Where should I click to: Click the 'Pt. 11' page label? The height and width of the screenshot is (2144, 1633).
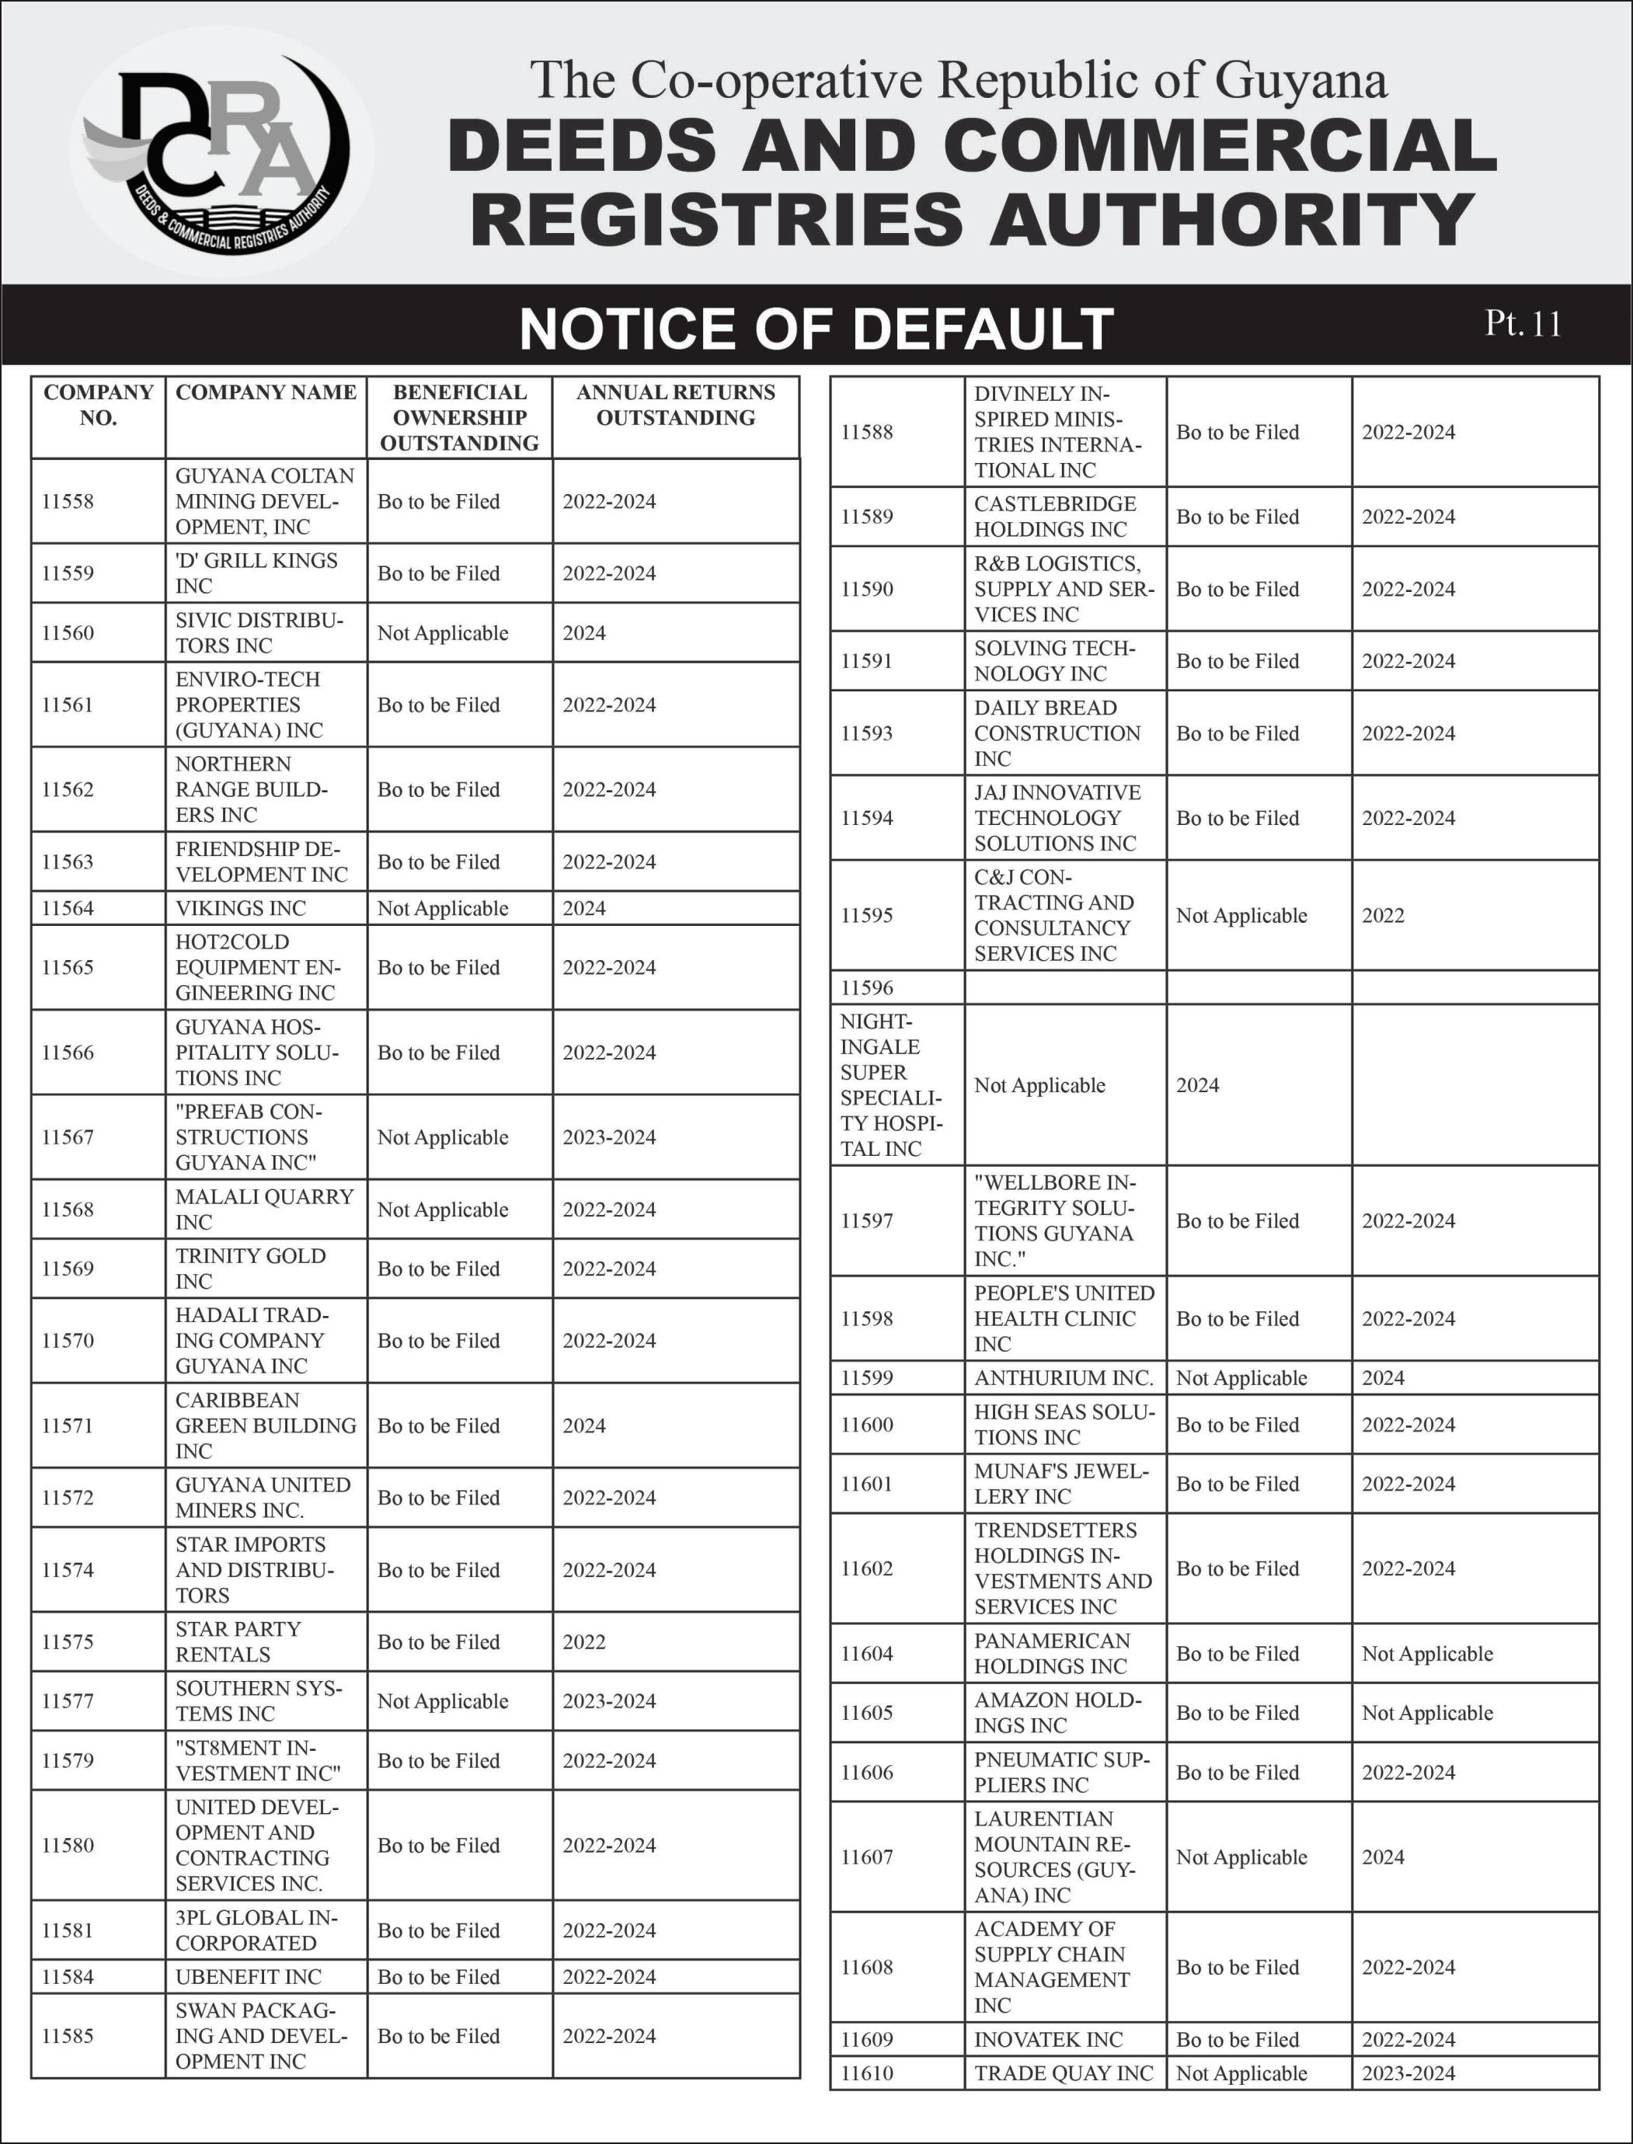(x=1522, y=324)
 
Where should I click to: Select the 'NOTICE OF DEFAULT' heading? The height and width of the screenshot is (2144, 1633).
(x=816, y=329)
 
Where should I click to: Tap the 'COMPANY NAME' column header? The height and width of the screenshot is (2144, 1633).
(x=266, y=392)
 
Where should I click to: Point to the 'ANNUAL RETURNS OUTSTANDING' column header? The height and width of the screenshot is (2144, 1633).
(x=676, y=405)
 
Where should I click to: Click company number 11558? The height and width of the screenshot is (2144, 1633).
(x=68, y=502)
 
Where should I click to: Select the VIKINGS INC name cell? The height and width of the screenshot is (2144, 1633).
(x=240, y=909)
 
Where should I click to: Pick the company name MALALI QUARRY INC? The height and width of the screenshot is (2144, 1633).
(x=263, y=1209)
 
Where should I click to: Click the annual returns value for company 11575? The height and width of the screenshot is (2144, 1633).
(x=584, y=1641)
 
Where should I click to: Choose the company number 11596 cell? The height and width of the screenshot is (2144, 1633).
(x=867, y=987)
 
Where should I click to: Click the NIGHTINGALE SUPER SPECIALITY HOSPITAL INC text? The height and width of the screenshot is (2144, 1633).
(x=890, y=1084)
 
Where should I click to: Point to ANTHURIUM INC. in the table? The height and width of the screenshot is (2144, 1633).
(x=1064, y=1378)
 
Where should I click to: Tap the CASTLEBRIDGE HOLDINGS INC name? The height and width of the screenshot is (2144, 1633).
(x=1055, y=516)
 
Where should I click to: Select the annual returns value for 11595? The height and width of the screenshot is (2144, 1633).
(x=1382, y=916)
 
